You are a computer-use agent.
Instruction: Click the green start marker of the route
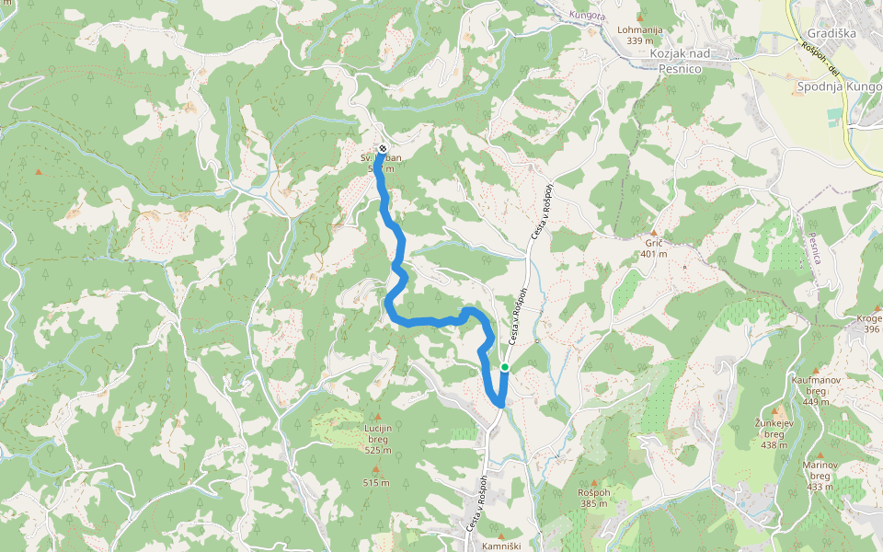[x=504, y=368]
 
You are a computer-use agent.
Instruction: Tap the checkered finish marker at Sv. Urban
[x=383, y=148]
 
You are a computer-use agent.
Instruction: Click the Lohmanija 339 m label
[x=640, y=35]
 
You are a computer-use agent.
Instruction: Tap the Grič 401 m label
[x=654, y=248]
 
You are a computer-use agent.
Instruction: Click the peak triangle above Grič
[x=654, y=233]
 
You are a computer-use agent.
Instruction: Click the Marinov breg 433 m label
[x=820, y=476]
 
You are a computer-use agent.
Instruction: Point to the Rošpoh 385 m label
[x=594, y=498]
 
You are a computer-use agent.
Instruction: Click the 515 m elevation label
[x=375, y=482]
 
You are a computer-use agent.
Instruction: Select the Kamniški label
[x=501, y=546]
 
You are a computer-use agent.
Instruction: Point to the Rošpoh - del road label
[x=821, y=58]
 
